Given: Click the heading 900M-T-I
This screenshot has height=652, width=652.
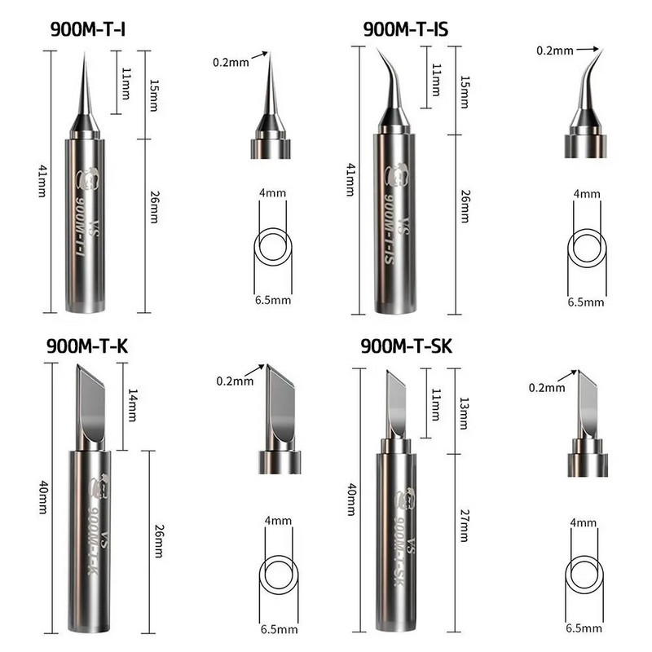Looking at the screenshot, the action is [88, 29].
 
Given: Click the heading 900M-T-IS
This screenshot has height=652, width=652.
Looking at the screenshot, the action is [406, 29].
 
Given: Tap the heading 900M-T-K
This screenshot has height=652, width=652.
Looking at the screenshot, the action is [87, 346].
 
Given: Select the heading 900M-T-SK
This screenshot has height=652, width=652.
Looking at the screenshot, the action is [406, 346].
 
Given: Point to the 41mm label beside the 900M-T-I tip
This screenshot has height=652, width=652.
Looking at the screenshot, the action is [42, 181].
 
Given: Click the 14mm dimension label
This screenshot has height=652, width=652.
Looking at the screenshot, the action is [132, 405].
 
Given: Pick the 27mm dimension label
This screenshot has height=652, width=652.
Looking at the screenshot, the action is [464, 526].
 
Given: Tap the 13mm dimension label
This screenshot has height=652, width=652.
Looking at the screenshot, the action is [464, 413].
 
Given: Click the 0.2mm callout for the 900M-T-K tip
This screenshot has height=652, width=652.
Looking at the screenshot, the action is [235, 381].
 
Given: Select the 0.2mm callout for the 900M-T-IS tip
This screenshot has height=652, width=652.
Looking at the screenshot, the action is [555, 51].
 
